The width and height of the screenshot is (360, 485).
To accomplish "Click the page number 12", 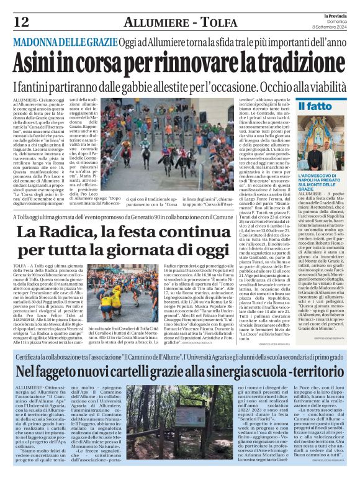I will (21, 22).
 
